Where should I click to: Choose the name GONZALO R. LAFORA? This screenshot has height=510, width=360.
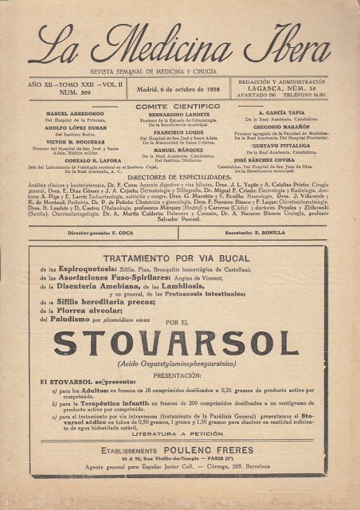tap(71, 159)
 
